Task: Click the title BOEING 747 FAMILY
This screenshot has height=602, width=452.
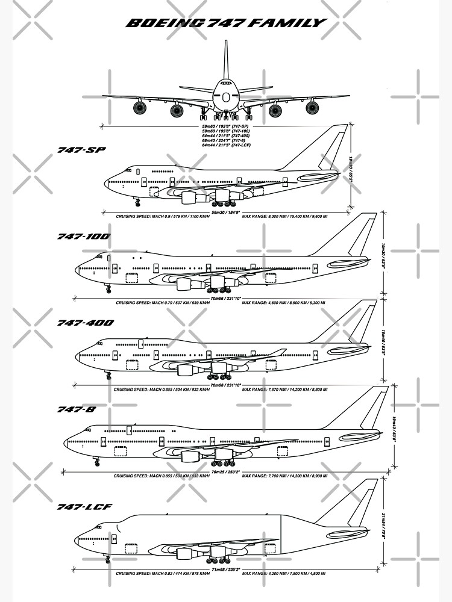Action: [226, 23]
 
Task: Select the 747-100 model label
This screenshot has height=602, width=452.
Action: [84, 236]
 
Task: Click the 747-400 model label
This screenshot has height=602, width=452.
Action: [86, 323]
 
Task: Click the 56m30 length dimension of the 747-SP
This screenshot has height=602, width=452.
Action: [227, 212]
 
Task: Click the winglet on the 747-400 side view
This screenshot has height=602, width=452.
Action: [278, 352]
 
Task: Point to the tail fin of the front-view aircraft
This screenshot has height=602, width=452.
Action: [226, 60]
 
